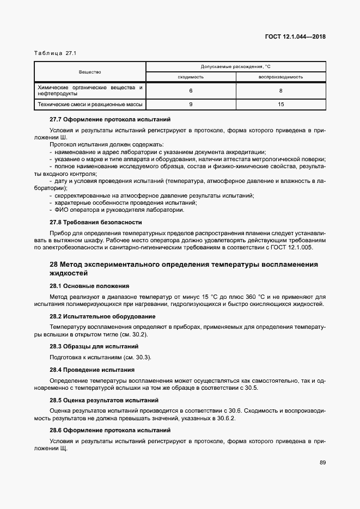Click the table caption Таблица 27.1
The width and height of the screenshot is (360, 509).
pyautogui.click(x=56, y=53)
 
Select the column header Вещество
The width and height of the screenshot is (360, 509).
pyautogui.click(x=90, y=72)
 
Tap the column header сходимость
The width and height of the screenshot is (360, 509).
pyautogui.click(x=191, y=77)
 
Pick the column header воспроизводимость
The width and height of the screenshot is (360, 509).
pyautogui.click(x=280, y=77)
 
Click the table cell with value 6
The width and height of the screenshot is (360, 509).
pyautogui.click(x=191, y=90)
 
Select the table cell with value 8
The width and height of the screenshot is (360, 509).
pyautogui.click(x=280, y=90)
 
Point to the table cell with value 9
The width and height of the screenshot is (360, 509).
pyautogui.click(x=191, y=103)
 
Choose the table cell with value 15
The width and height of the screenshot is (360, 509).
pyautogui.click(x=280, y=103)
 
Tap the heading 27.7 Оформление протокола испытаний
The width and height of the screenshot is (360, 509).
pyautogui.click(x=110, y=119)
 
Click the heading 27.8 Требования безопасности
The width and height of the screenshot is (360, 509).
pyautogui.click(x=96, y=222)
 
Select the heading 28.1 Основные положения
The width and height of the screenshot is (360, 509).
pyautogui.click(x=89, y=285)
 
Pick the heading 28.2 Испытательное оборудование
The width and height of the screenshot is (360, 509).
pyautogui.click(x=102, y=316)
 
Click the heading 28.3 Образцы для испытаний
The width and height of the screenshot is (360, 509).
pyautogui.click(x=94, y=346)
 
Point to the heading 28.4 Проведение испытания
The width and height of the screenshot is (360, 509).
pyautogui.click(x=92, y=370)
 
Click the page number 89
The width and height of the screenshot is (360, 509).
pyautogui.click(x=322, y=463)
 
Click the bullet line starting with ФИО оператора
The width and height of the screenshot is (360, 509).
pyautogui.click(x=117, y=210)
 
